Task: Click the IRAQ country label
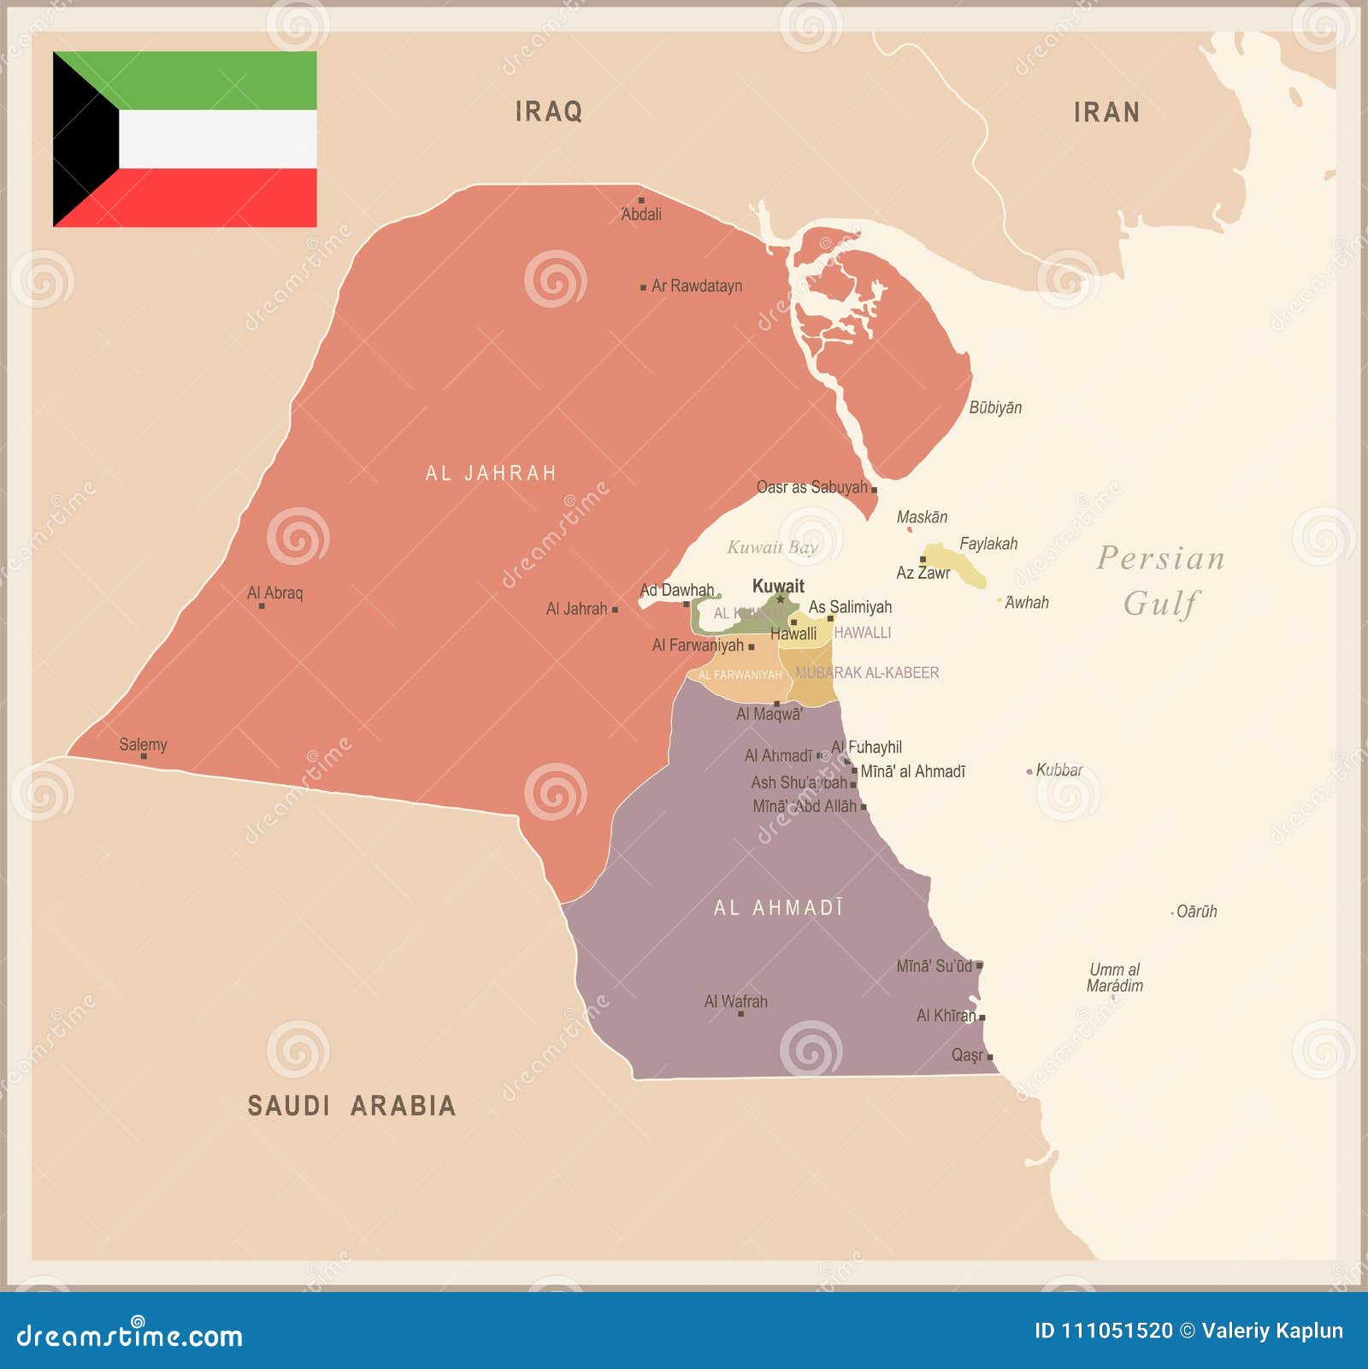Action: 548,111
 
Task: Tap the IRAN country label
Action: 1106,112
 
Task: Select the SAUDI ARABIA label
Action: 351,1106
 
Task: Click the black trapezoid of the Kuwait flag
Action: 81,139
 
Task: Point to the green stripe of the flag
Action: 214,80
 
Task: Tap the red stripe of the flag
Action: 214,198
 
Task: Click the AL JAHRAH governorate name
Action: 491,473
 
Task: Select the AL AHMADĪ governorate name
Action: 779,907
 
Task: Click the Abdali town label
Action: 641,215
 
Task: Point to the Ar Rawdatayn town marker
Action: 644,287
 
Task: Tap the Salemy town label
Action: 143,745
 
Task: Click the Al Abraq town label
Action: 274,593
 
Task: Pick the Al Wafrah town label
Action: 735,1001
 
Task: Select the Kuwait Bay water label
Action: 772,547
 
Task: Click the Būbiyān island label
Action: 995,408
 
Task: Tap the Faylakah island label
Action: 988,544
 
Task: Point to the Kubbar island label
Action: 1058,770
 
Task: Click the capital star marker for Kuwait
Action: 781,599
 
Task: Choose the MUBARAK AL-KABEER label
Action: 867,673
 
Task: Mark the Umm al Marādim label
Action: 1114,977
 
